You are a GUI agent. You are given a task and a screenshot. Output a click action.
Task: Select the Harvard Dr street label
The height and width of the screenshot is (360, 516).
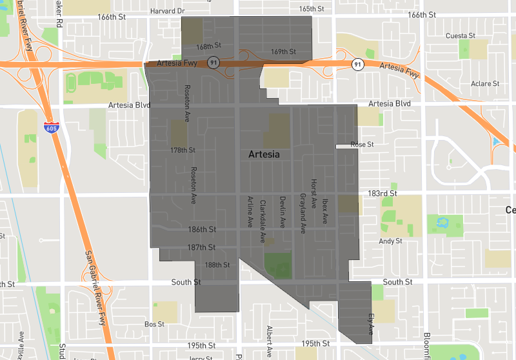[167, 11]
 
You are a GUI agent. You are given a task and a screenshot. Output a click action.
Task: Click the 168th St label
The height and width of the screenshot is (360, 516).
[208, 46]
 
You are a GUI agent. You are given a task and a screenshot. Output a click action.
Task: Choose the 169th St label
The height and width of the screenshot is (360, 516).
[283, 51]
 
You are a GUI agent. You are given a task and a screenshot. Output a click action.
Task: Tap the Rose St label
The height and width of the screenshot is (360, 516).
[362, 145]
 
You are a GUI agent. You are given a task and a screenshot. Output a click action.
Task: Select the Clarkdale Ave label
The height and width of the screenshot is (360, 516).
[263, 221]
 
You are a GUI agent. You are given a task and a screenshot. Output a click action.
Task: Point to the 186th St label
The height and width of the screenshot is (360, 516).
[202, 229]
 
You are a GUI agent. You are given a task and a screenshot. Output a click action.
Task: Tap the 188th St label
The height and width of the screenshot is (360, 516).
[217, 265]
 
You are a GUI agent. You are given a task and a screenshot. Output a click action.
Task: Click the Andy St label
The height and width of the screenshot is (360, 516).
[390, 241]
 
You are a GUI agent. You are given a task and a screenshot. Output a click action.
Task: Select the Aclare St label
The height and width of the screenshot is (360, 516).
[485, 84]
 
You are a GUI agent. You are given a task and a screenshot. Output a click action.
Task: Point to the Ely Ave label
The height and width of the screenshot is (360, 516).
[371, 324]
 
